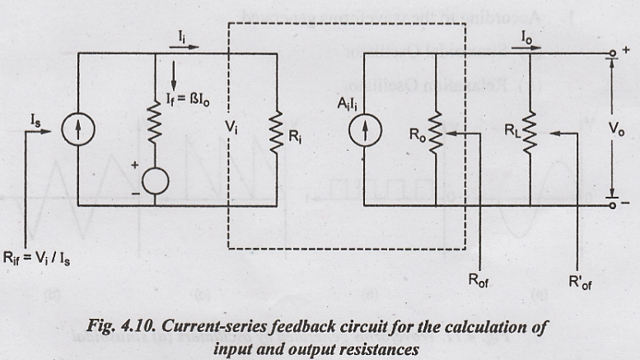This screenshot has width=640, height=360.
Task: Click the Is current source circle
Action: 78,129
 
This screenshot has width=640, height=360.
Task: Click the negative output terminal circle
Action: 612,203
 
